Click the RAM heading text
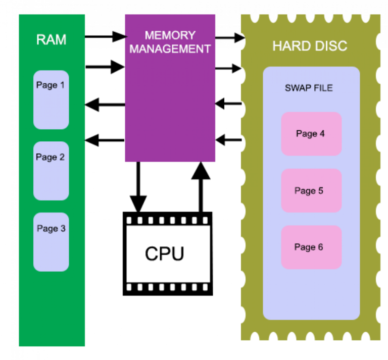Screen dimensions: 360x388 tap(51, 40)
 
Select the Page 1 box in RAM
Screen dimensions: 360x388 tap(51, 100)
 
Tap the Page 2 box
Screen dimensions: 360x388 tap(51, 171)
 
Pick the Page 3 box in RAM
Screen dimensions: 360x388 tap(51, 242)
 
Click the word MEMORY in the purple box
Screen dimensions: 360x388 tap(170, 36)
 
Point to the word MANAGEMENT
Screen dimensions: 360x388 tap(170, 49)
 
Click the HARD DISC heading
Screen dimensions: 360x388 tap(310, 46)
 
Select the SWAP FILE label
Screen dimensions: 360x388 tap(309, 88)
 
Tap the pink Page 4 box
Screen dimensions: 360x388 tap(311, 134)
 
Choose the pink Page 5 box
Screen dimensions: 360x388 tap(311, 190)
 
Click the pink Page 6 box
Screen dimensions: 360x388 tap(311, 247)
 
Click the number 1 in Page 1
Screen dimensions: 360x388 tap(62, 85)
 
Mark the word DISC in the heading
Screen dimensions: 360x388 tap(331, 46)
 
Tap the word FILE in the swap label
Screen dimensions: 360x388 tap(323, 88)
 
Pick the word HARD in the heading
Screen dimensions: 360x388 tap(291, 46)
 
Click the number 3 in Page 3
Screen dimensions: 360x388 tap(63, 229)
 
